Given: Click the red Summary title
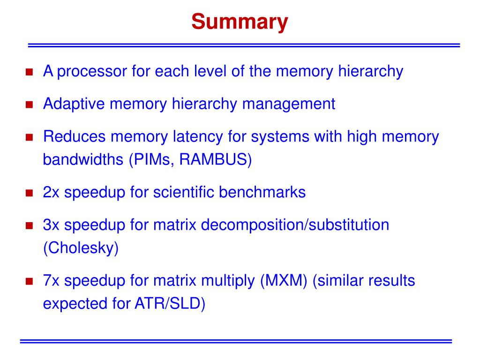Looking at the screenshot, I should [x=240, y=22].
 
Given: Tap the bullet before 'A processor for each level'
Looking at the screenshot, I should [x=29, y=73].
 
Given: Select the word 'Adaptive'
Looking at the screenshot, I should [x=74, y=104].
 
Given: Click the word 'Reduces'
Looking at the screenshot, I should [x=75, y=137].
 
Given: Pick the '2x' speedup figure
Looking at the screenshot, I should [x=52, y=192].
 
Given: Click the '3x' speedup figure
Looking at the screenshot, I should [x=52, y=225].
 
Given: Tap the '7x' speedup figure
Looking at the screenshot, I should [x=52, y=281].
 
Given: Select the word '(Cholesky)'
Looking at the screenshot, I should [x=81, y=247].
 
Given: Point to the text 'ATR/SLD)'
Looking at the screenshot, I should [x=170, y=303].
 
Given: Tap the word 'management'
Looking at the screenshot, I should [x=289, y=104].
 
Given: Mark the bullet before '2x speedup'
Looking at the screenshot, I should [x=29, y=193].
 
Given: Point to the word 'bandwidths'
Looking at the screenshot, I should [x=82, y=159].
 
